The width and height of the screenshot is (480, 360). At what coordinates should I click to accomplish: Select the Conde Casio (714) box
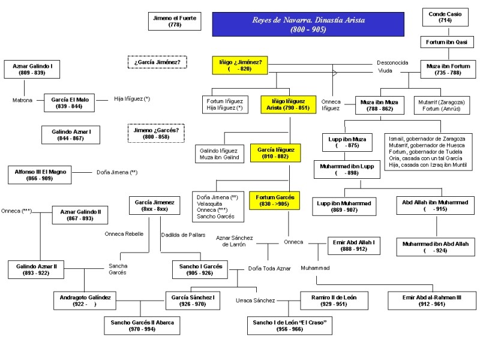[x=445, y=17]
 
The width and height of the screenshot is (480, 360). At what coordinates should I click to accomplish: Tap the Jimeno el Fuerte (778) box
[x=175, y=21]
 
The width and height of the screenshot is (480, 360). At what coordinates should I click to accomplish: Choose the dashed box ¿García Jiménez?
[x=157, y=61]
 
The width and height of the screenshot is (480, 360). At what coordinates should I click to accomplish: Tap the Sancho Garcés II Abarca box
[x=142, y=326]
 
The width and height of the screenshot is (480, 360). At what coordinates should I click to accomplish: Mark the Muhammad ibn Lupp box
[x=347, y=169]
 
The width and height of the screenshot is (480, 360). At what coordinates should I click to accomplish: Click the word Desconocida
[x=392, y=62]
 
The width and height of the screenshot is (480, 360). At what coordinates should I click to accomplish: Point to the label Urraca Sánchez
[x=255, y=300]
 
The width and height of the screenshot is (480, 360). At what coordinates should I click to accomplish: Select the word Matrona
[x=22, y=100]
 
